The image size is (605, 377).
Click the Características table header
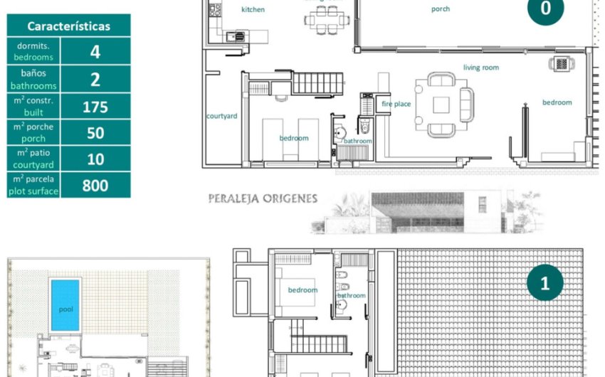coord(69,26)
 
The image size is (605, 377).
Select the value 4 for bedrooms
coord(95,51)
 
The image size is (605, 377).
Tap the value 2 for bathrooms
coord(95,79)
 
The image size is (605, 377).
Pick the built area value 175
coord(95,107)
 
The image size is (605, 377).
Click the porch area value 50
coord(95,133)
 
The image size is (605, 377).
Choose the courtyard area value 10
coord(95,159)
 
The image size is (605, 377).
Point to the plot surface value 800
coord(95,186)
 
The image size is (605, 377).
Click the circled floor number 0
coord(545,9)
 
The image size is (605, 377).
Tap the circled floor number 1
coord(545,282)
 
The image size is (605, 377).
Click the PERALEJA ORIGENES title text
coord(263,198)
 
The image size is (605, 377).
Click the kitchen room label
coord(253,10)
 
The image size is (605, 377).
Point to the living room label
coord(481,68)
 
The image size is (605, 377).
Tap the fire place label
coord(396,104)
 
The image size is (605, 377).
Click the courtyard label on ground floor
coord(221,116)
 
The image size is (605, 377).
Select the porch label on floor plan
coord(441,9)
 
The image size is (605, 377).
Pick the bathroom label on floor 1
coord(351,295)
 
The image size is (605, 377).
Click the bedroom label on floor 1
coord(302,290)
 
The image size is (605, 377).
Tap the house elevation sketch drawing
coord(427,212)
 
